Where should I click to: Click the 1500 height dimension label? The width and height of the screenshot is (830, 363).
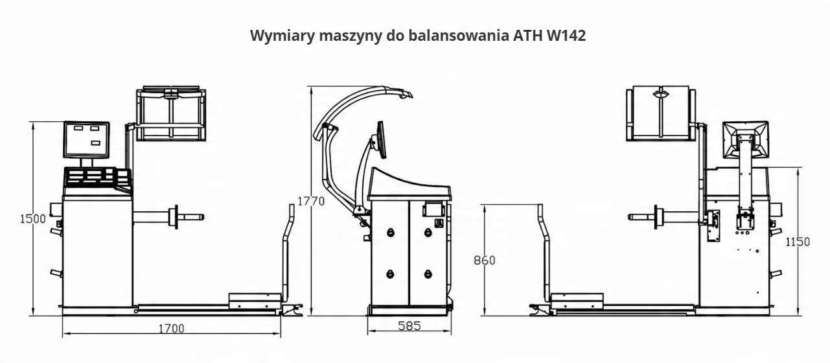[32, 218]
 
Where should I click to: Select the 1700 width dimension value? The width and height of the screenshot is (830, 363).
[171, 328]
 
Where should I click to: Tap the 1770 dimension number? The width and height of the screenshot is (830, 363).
[310, 202]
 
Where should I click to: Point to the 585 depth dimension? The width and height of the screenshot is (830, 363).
[409, 326]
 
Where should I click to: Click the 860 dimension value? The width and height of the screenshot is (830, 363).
[484, 261]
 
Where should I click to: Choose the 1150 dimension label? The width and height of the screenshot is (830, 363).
[797, 242]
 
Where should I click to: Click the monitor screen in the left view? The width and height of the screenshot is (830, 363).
[86, 139]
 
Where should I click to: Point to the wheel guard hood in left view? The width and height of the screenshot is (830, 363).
[171, 114]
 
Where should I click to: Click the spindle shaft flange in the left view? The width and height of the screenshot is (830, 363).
[173, 217]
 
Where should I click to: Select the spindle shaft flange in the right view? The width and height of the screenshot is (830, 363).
[659, 217]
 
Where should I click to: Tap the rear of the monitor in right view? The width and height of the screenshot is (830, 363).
[746, 139]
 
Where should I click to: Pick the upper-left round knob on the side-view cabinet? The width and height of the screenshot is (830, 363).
[390, 232]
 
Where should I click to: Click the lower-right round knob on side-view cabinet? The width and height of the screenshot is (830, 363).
[428, 274]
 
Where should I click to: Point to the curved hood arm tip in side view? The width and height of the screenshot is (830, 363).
[407, 95]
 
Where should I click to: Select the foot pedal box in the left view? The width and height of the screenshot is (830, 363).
[255, 301]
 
